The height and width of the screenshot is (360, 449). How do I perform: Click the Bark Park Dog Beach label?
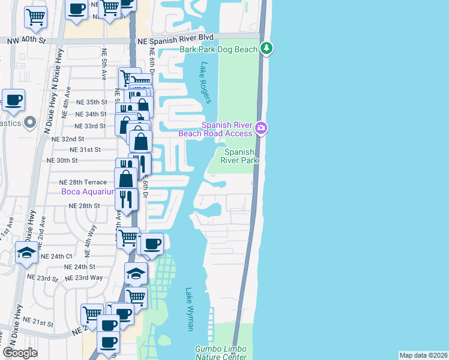pos(218,49)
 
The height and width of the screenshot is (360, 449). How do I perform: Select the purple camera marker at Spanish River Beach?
pos(261,127)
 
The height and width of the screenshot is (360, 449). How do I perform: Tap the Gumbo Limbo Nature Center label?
pos(220,352)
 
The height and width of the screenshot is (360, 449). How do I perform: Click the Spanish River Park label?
pos(240,156)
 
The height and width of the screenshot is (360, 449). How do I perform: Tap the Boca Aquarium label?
pos(87,191)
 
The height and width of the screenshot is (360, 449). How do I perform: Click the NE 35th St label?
pos(91,103)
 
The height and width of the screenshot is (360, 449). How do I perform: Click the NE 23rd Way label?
pos(84,278)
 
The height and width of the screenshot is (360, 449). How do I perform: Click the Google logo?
pos(20,353)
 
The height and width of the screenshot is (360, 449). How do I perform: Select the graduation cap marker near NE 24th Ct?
pos(26,254)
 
